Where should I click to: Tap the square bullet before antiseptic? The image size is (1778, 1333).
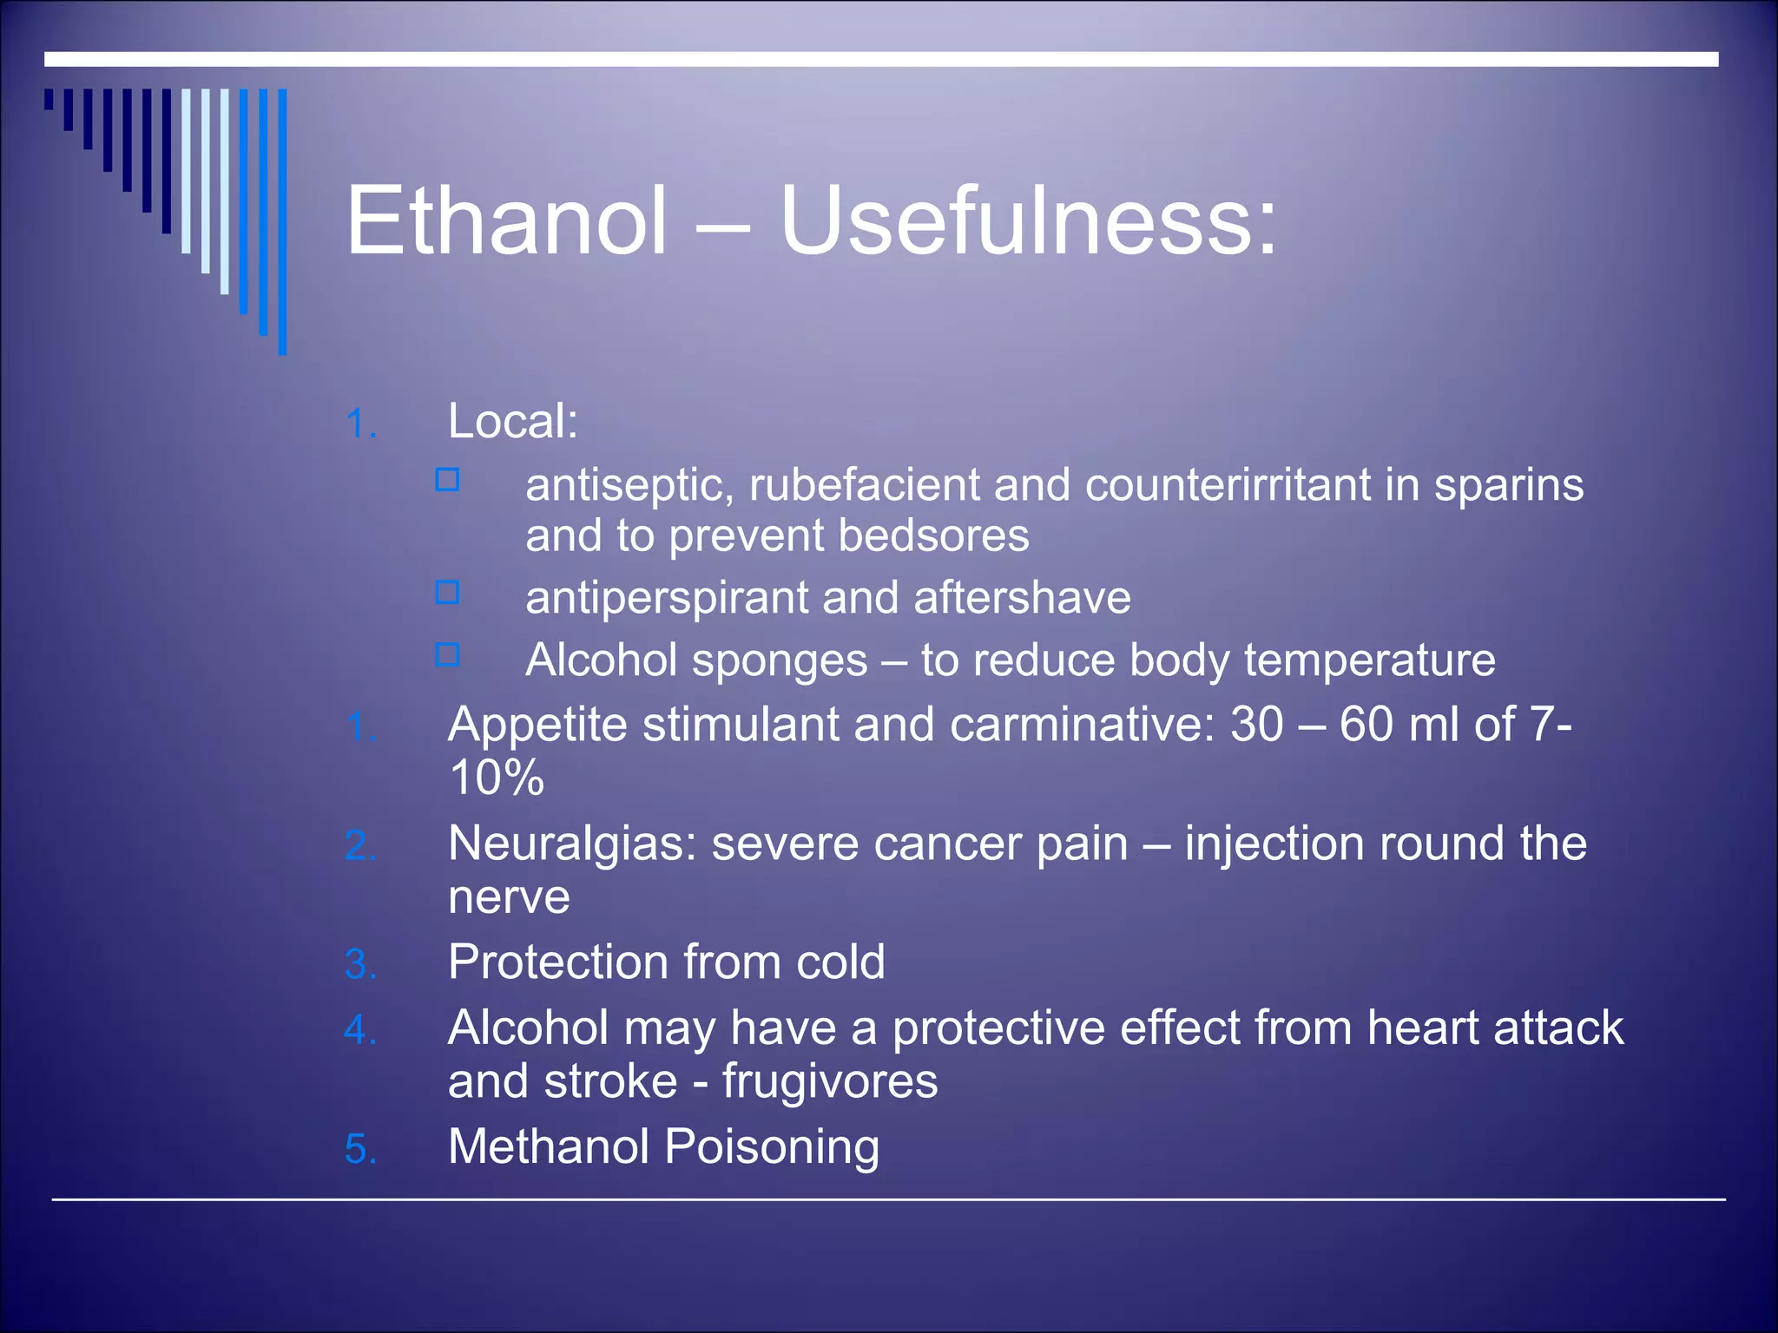447,480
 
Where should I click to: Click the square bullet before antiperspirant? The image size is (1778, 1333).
447,593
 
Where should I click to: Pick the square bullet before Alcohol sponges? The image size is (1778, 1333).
447,654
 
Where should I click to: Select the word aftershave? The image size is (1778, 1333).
1022,598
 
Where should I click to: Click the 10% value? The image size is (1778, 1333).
497,778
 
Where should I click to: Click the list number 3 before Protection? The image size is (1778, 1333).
360,964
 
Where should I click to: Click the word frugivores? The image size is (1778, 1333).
830,1082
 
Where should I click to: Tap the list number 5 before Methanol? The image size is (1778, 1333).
360,1149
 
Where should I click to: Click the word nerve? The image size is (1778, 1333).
509,897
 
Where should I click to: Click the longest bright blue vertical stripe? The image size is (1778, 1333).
282,221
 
